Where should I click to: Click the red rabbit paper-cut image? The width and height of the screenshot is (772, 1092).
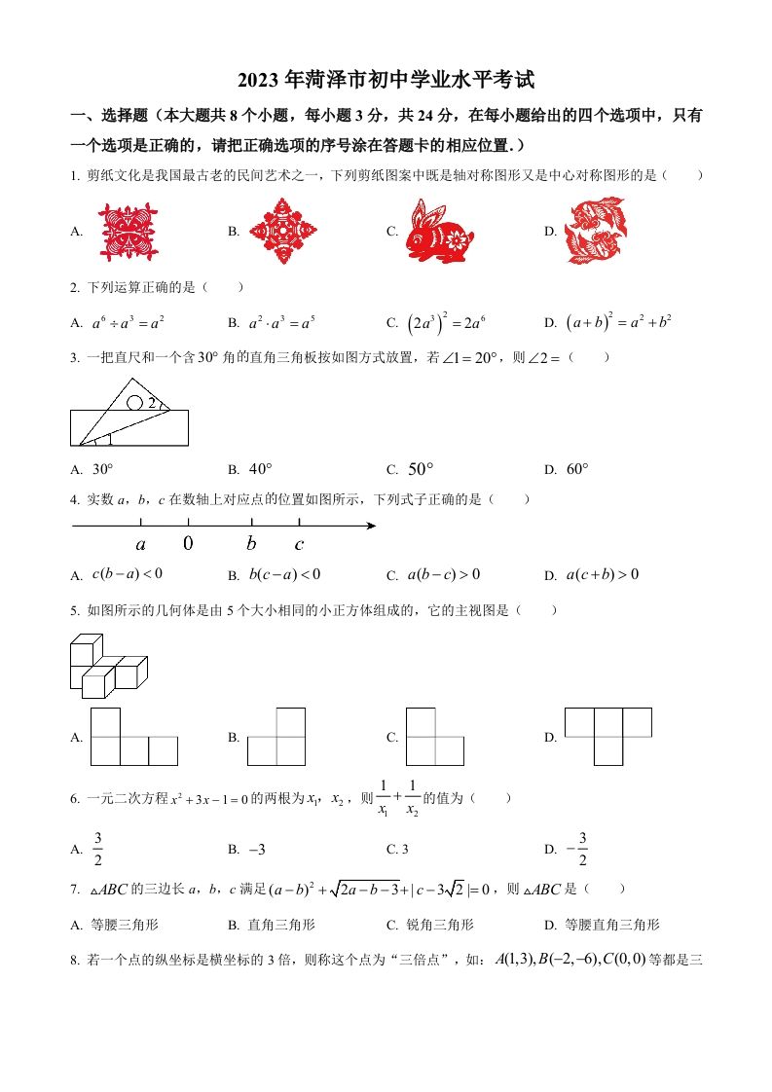coord(439,231)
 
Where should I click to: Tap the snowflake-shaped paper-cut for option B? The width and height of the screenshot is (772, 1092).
coord(283,231)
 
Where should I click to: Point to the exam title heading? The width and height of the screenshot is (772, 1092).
coord(386,81)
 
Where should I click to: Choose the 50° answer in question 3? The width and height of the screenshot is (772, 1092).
coord(420,469)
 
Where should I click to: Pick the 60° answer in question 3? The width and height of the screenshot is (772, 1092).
coord(577,469)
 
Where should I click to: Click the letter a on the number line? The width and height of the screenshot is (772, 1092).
coord(141,545)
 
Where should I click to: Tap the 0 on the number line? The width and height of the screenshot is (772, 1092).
coord(188,544)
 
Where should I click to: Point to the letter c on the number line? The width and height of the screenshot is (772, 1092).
coord(299,545)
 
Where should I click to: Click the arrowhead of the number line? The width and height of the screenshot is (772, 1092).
coord(372,527)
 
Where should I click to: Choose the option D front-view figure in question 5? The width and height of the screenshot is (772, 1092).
coord(608,736)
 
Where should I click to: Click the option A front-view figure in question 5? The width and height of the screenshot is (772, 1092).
coord(133,737)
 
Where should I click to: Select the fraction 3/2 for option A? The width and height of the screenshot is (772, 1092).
coord(97,848)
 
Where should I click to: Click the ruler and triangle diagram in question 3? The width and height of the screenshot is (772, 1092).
coord(129,413)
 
